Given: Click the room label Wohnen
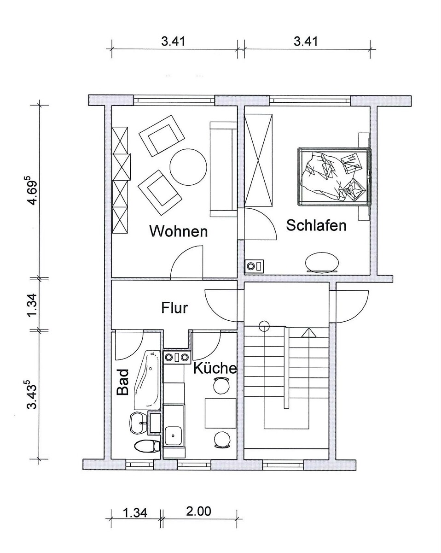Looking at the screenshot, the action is pos(179,231).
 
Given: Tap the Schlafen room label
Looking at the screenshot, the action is pos(316,225).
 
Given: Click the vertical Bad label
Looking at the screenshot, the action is pos(122,382).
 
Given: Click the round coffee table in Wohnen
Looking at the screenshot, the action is pos(188,167).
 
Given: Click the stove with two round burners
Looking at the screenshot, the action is pos(176,357).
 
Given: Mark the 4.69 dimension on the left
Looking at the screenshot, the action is pos(33,190).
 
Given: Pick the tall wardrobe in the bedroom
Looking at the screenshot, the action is pos(258,160).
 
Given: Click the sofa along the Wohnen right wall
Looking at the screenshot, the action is pos(223,169).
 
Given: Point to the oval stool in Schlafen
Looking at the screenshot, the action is pos(322,262).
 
